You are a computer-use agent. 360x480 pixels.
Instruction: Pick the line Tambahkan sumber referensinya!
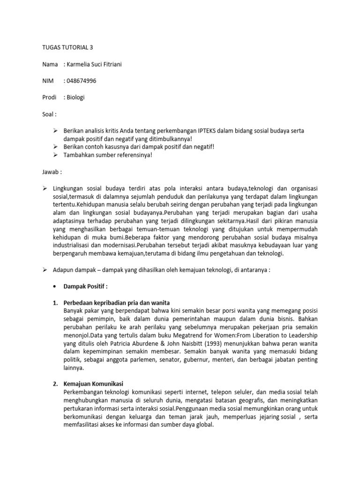click(x=107, y=155)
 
